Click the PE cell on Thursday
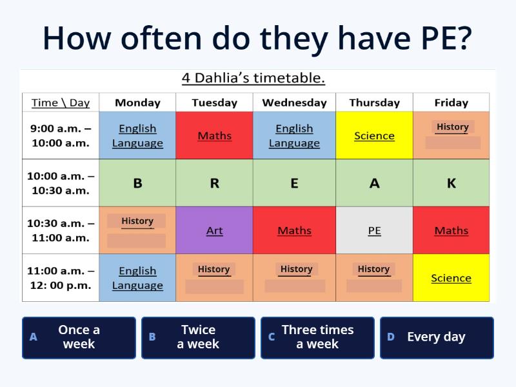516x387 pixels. [x=374, y=230]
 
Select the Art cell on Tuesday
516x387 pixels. [x=214, y=230]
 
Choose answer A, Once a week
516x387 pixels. [x=79, y=337]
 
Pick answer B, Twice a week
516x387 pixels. [x=198, y=337]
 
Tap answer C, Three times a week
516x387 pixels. [x=317, y=337]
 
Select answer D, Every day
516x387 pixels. [x=437, y=337]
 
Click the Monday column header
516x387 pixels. [x=137, y=103]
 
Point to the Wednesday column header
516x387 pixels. [x=294, y=103]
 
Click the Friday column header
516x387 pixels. [x=451, y=103]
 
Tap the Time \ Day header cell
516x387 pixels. [x=61, y=103]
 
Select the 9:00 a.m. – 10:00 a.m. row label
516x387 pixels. [x=61, y=135]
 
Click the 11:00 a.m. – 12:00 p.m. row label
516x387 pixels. [x=61, y=278]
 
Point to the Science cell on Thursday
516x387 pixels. [x=374, y=135]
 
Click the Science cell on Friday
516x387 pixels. [x=451, y=278]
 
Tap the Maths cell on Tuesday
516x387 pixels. [x=214, y=135]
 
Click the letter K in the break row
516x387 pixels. [x=451, y=183]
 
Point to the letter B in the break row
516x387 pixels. [x=137, y=183]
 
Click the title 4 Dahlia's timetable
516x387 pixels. [x=253, y=79]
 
